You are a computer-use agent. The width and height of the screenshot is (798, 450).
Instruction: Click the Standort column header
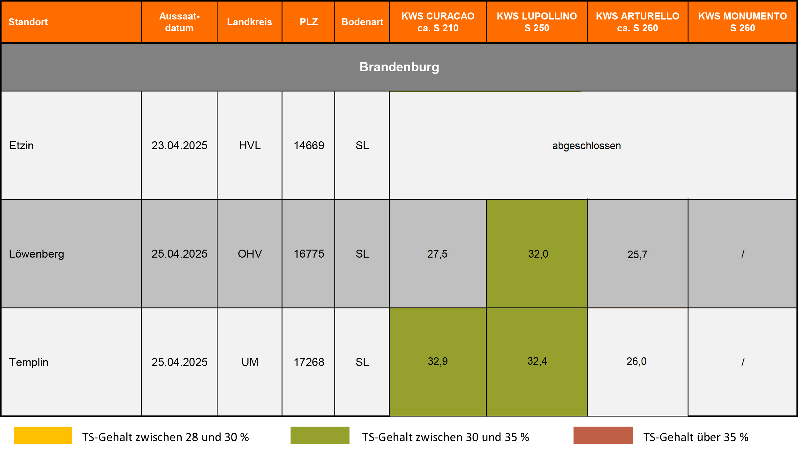pos(28,22)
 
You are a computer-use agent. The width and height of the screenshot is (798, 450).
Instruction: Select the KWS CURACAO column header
pos(438,22)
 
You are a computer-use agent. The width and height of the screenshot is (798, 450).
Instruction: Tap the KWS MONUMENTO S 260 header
pos(742,22)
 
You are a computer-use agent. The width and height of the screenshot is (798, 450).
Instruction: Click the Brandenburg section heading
pos(399,67)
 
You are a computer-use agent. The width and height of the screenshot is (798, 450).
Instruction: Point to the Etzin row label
pos(21,145)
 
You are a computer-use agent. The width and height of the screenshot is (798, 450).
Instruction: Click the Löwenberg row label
pos(36,254)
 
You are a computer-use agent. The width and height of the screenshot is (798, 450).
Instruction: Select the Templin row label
pos(29,362)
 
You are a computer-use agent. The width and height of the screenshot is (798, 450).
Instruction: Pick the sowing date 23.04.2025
pos(179,145)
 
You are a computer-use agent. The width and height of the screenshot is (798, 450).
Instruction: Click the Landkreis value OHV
pos(250,254)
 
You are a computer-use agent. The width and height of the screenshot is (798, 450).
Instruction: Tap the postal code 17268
pos(309,362)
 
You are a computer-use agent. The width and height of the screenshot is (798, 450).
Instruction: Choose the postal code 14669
pos(309,145)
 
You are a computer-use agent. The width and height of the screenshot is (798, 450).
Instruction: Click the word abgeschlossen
pos(586,146)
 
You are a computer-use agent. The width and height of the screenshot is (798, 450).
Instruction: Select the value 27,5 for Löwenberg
pos(437,254)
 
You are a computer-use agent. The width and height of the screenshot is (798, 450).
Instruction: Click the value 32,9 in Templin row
pos(438,361)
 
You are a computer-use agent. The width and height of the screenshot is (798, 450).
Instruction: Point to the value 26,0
pos(636,361)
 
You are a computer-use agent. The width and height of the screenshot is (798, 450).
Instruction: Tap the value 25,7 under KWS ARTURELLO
pos(637,255)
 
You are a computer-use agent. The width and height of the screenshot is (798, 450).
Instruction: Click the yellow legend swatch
pos(43,435)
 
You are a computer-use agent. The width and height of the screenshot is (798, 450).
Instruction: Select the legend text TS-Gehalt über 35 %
pos(696,437)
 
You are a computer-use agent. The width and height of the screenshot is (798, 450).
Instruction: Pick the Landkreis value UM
pos(250,362)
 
